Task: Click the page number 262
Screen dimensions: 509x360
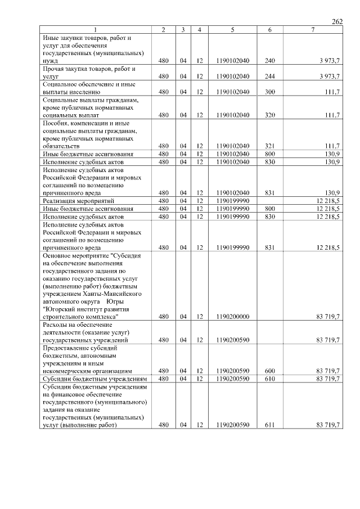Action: pos(337,21)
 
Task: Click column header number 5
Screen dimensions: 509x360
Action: pos(232,29)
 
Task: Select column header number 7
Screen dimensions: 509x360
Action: pos(312,29)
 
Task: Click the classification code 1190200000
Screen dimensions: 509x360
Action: pos(232,317)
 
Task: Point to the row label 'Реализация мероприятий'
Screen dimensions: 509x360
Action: pos(79,200)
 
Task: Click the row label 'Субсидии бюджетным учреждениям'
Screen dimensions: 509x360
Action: pos(95,379)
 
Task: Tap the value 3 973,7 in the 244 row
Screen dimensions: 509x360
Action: pos(329,76)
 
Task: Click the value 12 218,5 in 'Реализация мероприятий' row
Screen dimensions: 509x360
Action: pos(328,200)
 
